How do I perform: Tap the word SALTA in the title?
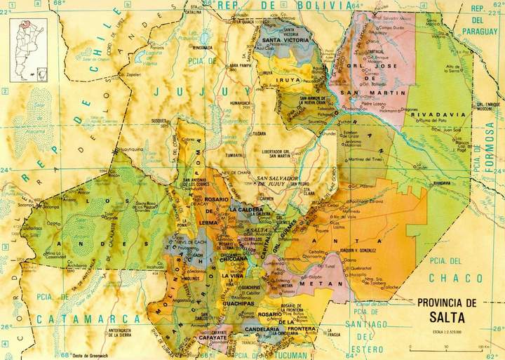tap(446, 316)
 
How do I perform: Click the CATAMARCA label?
tap(69, 319)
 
